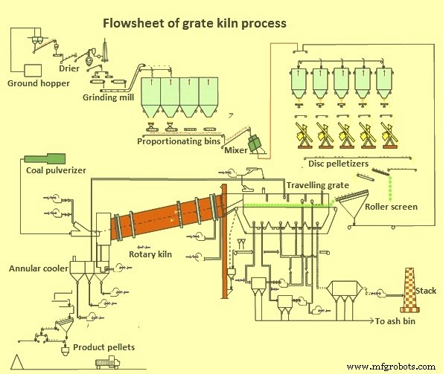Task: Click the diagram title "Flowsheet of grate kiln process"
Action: click(x=194, y=23)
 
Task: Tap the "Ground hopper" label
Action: click(x=39, y=83)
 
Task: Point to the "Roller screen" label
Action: click(x=392, y=207)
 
